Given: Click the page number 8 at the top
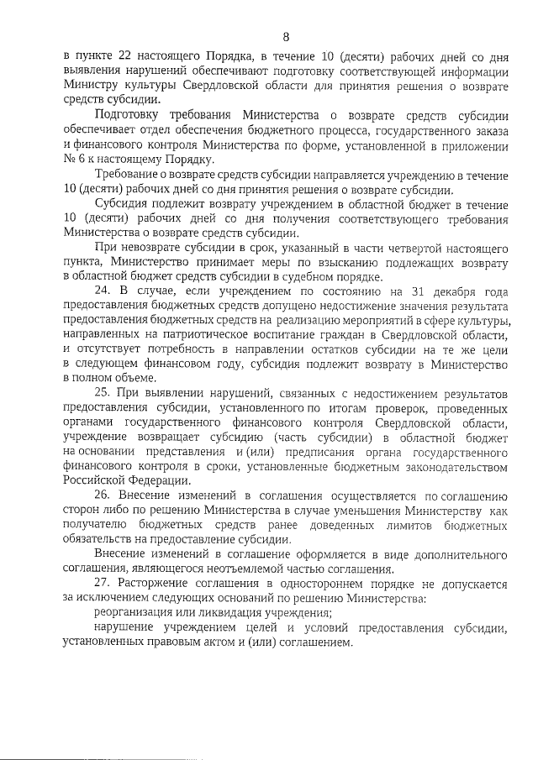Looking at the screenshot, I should click(x=285, y=36).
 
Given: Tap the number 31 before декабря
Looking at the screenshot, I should click(x=414, y=291).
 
